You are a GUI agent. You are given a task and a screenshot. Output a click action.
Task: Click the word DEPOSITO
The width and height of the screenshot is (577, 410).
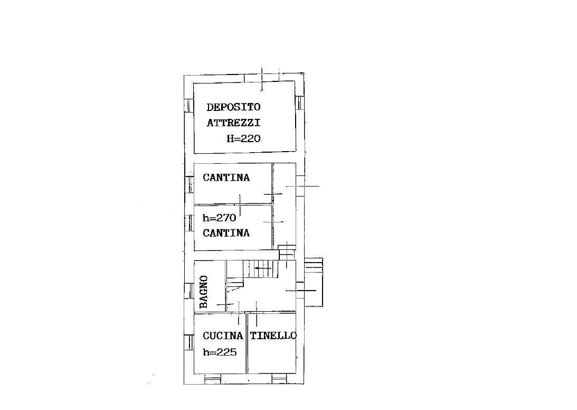tap(233, 107)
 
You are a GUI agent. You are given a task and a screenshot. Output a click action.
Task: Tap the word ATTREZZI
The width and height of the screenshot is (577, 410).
tap(233, 123)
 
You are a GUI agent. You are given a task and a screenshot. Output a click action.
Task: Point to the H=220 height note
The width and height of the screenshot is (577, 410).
tap(243, 138)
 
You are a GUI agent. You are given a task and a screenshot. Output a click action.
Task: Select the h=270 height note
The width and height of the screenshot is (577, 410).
tap(219, 218)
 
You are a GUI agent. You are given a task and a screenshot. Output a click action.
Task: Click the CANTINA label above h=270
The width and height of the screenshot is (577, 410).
tap(226, 178)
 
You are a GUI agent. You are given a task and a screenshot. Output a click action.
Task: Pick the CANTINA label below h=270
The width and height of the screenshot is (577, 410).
tap(226, 233)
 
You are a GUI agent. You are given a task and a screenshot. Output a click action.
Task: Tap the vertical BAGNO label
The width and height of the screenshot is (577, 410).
tap(203, 292)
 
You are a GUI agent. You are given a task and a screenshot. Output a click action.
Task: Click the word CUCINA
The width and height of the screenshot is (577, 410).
tap(223, 336)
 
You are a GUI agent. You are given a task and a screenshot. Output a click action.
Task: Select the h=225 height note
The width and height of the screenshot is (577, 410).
tap(220, 352)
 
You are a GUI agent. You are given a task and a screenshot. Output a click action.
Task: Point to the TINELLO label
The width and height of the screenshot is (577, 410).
tap(273, 336)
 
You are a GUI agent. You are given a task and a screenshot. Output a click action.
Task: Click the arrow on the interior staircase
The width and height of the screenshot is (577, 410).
tap(263, 268)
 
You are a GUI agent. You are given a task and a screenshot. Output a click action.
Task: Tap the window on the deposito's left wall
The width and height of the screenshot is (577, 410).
tap(189, 106)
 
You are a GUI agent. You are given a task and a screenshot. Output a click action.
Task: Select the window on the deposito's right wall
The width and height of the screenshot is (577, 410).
tap(300, 103)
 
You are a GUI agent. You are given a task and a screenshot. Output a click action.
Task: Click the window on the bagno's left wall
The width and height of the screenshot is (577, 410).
tap(189, 291)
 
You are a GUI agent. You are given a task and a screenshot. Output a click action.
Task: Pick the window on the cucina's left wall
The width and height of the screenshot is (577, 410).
tap(189, 342)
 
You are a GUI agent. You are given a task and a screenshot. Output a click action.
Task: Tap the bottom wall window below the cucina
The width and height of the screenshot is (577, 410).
tap(213, 379)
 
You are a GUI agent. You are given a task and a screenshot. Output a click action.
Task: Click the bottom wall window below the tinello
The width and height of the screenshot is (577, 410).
tap(279, 379)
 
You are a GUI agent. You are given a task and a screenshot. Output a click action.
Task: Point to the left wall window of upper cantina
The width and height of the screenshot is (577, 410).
tap(189, 184)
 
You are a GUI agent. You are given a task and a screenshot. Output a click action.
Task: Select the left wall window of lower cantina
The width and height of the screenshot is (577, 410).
tap(189, 223)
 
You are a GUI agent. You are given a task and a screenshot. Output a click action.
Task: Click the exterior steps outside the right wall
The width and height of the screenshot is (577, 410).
tap(314, 282)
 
